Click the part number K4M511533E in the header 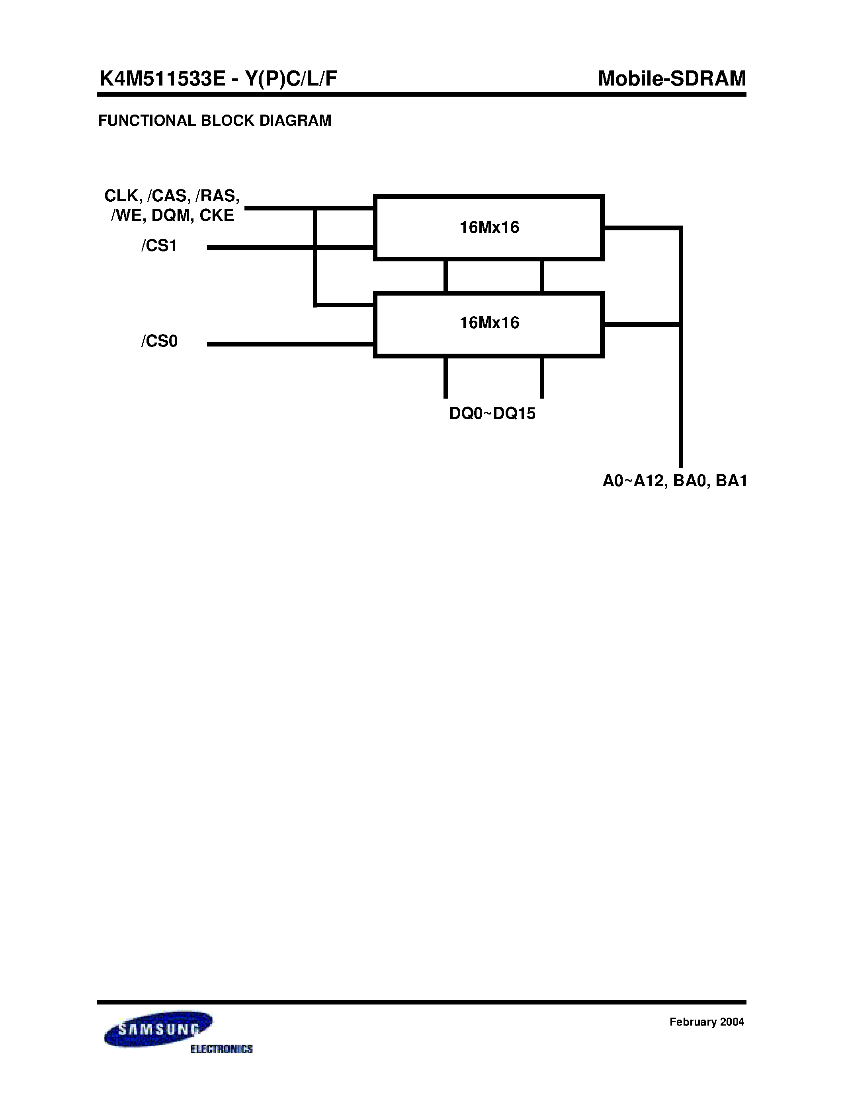(x=162, y=79)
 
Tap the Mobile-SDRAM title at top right (x=672, y=79)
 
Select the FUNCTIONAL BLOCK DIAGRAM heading (x=215, y=121)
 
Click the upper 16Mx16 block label (x=489, y=228)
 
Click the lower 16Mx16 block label (x=489, y=323)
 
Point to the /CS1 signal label (x=159, y=246)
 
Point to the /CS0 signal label (x=159, y=341)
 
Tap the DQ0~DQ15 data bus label (x=492, y=414)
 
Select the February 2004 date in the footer (x=707, y=1022)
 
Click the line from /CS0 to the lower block (x=291, y=344)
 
